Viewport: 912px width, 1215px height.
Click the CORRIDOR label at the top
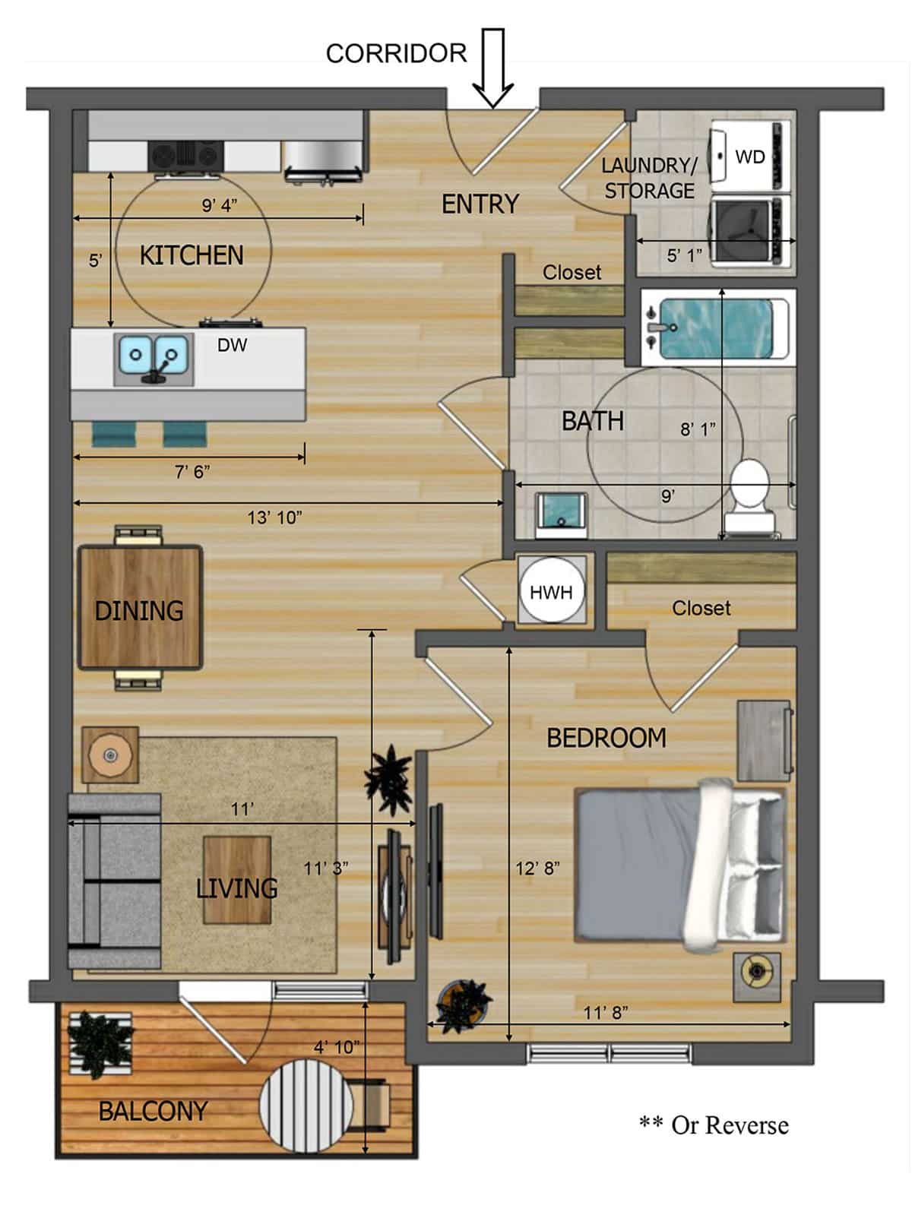click(x=396, y=54)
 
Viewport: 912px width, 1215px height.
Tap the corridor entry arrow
click(x=493, y=68)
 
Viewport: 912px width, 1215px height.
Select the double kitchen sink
click(x=154, y=358)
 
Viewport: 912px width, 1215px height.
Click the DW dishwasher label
click(x=232, y=346)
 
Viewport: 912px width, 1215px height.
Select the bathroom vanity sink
click(x=562, y=514)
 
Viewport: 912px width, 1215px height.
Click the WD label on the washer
click(x=750, y=157)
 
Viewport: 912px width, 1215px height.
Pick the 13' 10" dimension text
click(x=274, y=517)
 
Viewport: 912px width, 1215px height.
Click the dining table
click(x=140, y=607)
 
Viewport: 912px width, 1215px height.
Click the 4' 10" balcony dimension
click(x=337, y=1047)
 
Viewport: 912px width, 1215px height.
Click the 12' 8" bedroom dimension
click(x=537, y=868)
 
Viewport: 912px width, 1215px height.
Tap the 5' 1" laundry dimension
click(x=684, y=255)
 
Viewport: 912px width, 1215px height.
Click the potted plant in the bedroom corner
click(x=463, y=1006)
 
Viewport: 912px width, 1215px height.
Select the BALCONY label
click(x=153, y=1111)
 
